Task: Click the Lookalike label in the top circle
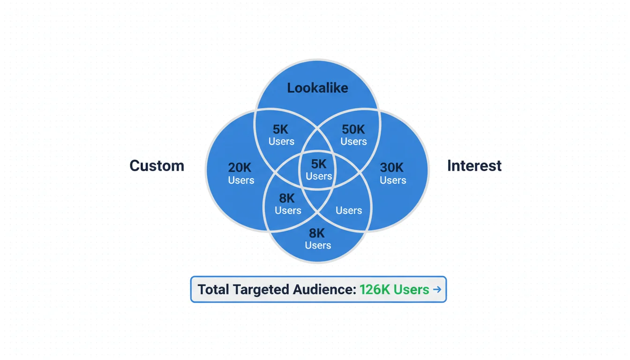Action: (317, 88)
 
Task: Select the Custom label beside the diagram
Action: (157, 165)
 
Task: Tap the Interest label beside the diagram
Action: (474, 165)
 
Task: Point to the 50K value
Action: (353, 130)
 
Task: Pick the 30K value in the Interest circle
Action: (392, 168)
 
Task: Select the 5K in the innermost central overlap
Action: (319, 164)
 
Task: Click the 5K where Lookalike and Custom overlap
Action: (281, 130)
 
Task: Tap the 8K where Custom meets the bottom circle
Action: (287, 198)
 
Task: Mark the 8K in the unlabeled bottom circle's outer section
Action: (317, 233)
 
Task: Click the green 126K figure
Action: (375, 289)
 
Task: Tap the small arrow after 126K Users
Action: (437, 289)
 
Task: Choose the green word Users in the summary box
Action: (411, 289)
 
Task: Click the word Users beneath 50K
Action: (353, 142)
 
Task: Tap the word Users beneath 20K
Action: (241, 180)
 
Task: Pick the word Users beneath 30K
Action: (392, 180)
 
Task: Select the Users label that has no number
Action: (349, 210)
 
